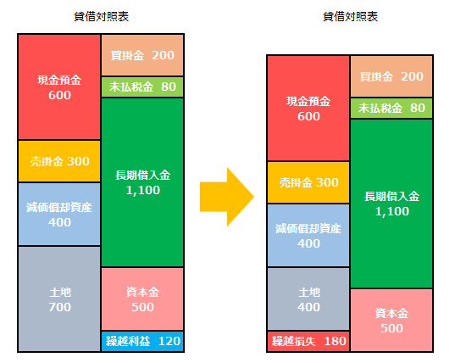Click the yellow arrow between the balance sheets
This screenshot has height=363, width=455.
(x=227, y=197)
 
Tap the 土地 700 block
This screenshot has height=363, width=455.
(x=59, y=299)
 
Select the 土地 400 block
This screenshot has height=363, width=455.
(x=308, y=299)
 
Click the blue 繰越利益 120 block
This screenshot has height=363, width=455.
(x=142, y=341)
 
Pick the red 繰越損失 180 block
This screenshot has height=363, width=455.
(x=308, y=341)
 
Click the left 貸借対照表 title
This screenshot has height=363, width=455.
(x=101, y=17)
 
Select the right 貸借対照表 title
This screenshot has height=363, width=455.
(x=350, y=17)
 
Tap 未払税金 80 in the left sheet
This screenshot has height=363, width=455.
(x=142, y=87)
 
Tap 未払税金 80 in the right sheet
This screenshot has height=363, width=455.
(x=391, y=108)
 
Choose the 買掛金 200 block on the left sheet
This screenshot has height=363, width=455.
(x=142, y=55)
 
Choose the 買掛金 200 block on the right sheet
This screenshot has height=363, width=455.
(x=391, y=76)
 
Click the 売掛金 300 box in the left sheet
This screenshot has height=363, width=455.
(x=59, y=161)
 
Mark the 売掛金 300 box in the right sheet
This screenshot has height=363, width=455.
(x=308, y=182)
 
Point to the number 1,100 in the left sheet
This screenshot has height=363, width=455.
(x=143, y=190)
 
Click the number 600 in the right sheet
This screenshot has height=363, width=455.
(x=308, y=116)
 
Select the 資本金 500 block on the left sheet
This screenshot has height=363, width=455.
(x=142, y=299)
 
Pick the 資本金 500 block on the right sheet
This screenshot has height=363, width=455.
(x=391, y=320)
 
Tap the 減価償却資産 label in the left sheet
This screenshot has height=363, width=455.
(x=59, y=207)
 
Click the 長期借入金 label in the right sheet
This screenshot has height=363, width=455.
(x=392, y=196)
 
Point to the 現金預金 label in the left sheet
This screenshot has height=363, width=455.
(x=59, y=81)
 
